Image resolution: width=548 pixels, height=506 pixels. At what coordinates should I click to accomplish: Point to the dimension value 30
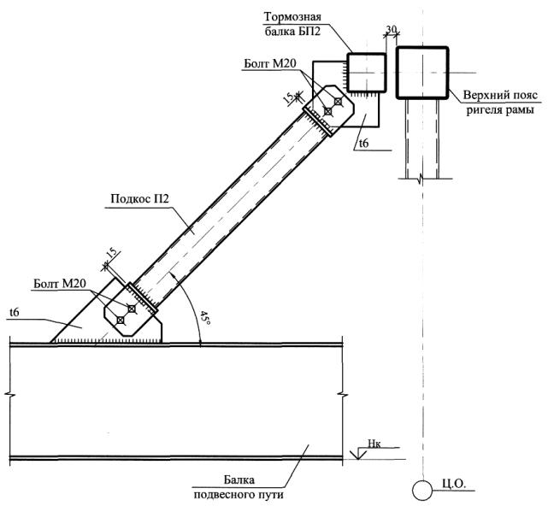pos(391,29)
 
